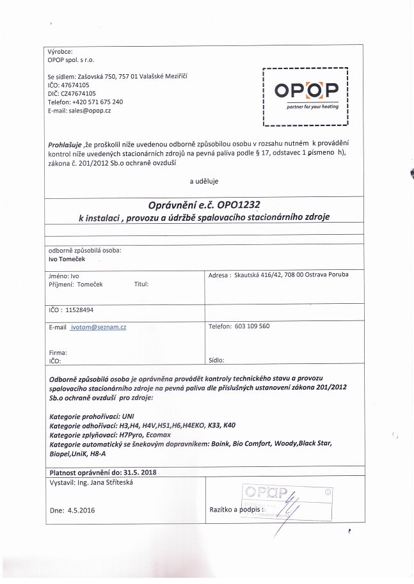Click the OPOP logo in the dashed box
(306, 92)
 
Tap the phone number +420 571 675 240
(97, 102)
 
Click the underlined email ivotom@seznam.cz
(99, 327)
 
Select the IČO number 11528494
(80, 310)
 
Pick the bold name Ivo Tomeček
(67, 260)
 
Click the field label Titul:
(141, 283)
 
